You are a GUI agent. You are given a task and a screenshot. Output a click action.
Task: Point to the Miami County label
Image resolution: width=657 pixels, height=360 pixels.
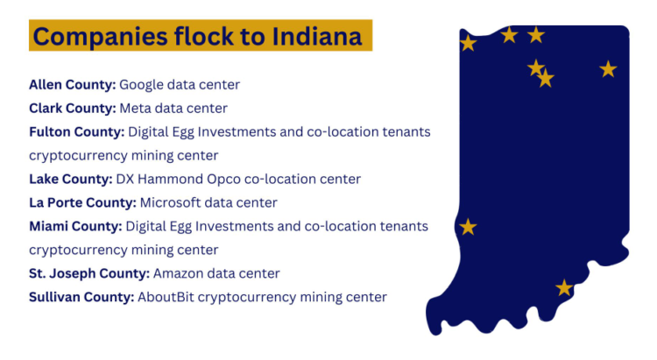(x=74, y=226)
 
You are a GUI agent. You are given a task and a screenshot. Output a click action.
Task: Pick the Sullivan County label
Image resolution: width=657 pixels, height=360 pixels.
(x=81, y=297)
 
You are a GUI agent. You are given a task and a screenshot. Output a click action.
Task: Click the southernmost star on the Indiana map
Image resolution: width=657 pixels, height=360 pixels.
(x=564, y=287)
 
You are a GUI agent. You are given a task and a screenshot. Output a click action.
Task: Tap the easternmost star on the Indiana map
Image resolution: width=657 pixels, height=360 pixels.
(x=608, y=68)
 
